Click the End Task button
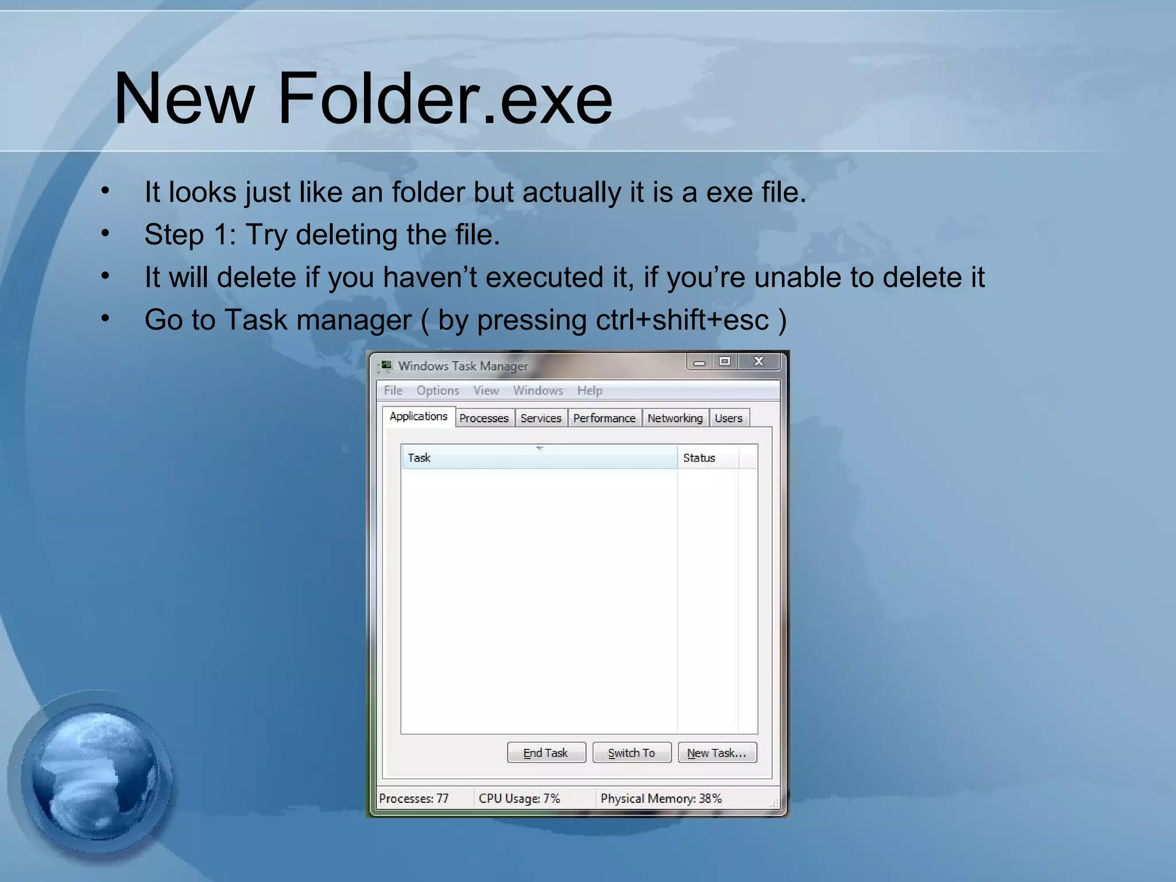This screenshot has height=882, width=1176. coord(546,753)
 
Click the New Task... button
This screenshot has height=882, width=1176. coord(717,753)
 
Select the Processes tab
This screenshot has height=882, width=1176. coord(484,418)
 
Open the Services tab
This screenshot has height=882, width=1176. coord(541,418)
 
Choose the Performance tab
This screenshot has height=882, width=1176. coord(604,418)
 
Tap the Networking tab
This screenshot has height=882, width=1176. coord(675,418)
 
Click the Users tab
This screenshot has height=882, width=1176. coord(728,418)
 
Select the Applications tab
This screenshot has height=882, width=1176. coord(419,416)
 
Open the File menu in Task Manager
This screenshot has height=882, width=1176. coord(393,390)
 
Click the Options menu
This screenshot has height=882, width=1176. coord(438,390)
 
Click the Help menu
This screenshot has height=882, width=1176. coord(590,390)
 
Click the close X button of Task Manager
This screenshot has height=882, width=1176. coord(759,361)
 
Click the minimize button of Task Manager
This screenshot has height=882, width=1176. coord(699,362)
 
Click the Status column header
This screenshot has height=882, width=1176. coord(699,458)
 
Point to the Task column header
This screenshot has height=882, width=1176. coord(420,458)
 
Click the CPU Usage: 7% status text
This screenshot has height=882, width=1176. coord(519,798)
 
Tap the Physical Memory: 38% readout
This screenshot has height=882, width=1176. coord(661,798)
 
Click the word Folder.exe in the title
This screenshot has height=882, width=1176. coord(444,99)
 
